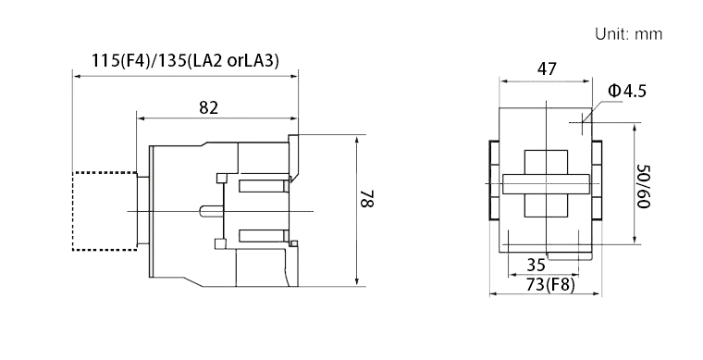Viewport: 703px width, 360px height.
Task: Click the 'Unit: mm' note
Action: tap(629, 34)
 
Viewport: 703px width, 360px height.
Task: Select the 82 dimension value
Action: tap(208, 107)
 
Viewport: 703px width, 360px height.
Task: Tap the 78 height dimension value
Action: tap(367, 199)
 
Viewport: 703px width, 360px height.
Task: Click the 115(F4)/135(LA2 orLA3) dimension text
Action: tap(185, 60)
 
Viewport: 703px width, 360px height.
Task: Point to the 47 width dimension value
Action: tap(547, 69)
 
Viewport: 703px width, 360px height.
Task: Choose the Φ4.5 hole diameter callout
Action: tap(627, 91)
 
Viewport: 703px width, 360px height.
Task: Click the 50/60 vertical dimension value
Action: tap(644, 187)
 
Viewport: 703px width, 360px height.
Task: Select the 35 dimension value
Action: tap(536, 265)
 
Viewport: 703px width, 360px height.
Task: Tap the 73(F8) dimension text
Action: tap(550, 284)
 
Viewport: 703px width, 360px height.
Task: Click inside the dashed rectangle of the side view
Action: tap(105, 211)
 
